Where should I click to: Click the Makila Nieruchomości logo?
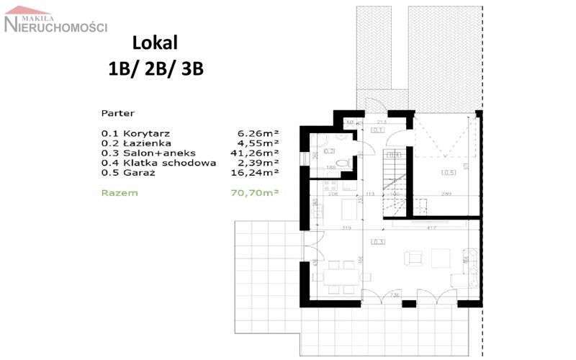tap(55, 22)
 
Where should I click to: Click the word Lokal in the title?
tap(155, 43)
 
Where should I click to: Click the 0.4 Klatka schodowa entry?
tap(158, 163)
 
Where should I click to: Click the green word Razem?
tap(120, 192)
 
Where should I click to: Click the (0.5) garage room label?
tap(449, 172)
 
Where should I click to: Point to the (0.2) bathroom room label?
tap(328, 151)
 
